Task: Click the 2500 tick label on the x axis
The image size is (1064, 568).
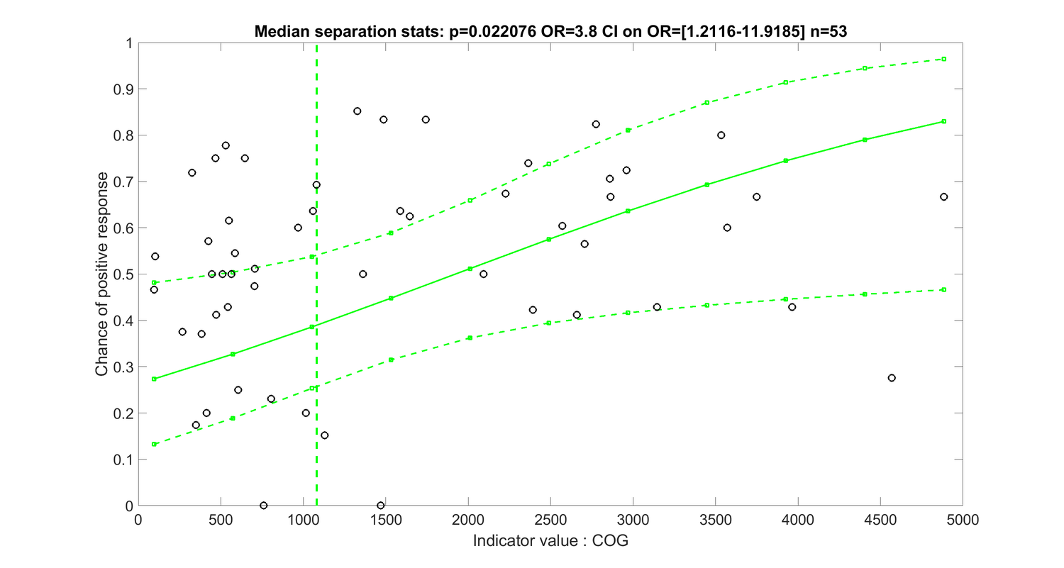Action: pyautogui.click(x=550, y=520)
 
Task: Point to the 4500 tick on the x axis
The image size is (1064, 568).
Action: pyautogui.click(x=880, y=506)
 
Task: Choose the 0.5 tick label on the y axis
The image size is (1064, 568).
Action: pyautogui.click(x=126, y=274)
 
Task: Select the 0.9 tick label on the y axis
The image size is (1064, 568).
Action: pyautogui.click(x=126, y=89)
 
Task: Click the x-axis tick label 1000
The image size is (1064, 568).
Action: pyautogui.click(x=303, y=520)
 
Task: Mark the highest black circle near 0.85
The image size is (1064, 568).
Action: pyautogui.click(x=358, y=111)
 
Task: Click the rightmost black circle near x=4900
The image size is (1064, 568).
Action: pyautogui.click(x=943, y=196)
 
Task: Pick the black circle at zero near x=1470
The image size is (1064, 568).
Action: pyautogui.click(x=381, y=506)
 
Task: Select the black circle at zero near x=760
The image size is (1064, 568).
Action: pyautogui.click(x=264, y=506)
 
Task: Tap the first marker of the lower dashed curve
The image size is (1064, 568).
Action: pyautogui.click(x=154, y=444)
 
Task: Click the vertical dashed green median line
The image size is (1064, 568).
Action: pyautogui.click(x=316, y=319)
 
